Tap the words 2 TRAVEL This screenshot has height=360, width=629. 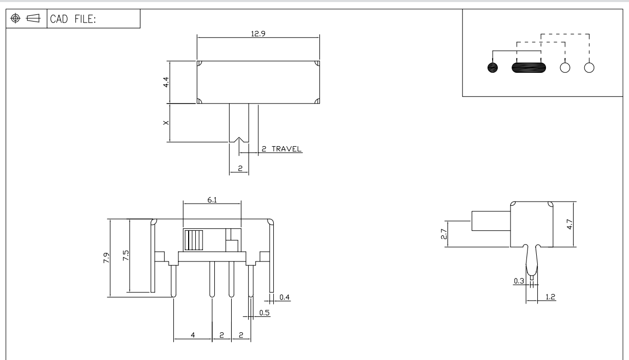point(281,149)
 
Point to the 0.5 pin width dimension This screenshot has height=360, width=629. point(265,313)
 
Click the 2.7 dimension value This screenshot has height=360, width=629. point(444,234)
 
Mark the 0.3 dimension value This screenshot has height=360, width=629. point(519,281)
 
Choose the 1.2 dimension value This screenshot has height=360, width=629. point(550,297)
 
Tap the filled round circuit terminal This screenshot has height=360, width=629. point(493,68)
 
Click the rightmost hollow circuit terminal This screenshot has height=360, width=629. point(589,68)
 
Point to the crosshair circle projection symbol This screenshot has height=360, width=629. point(16,19)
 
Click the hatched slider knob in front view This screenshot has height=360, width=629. point(194,241)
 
